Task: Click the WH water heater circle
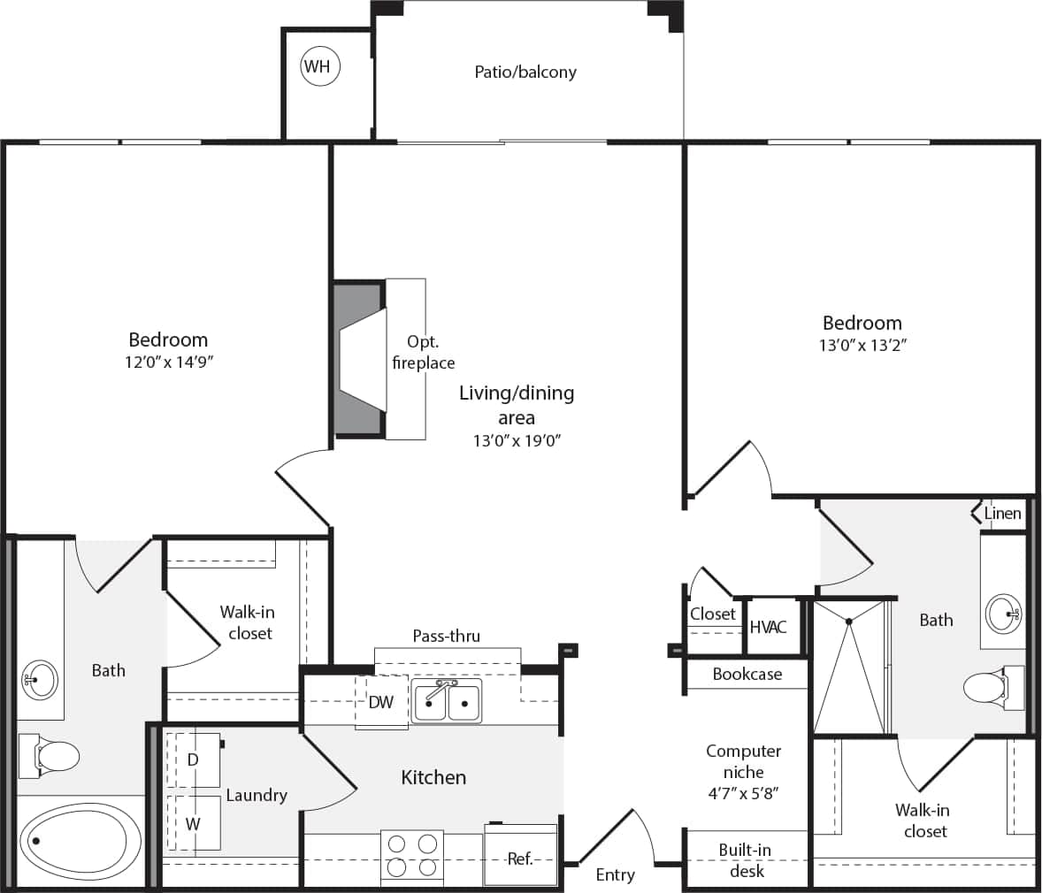(x=319, y=66)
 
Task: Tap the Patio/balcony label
(x=525, y=72)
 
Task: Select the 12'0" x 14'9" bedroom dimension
(x=168, y=362)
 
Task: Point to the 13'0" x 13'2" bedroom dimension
(x=862, y=345)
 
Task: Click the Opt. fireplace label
(x=423, y=352)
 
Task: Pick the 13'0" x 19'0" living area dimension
(x=517, y=440)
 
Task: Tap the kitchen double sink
(x=447, y=702)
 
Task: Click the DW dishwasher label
(x=381, y=703)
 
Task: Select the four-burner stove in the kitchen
(x=412, y=855)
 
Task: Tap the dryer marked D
(x=193, y=759)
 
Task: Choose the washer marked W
(x=193, y=823)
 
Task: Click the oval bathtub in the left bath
(x=80, y=841)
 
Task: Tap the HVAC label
(x=768, y=627)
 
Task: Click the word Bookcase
(x=747, y=674)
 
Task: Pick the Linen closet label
(x=1002, y=513)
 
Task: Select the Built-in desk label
(x=745, y=860)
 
